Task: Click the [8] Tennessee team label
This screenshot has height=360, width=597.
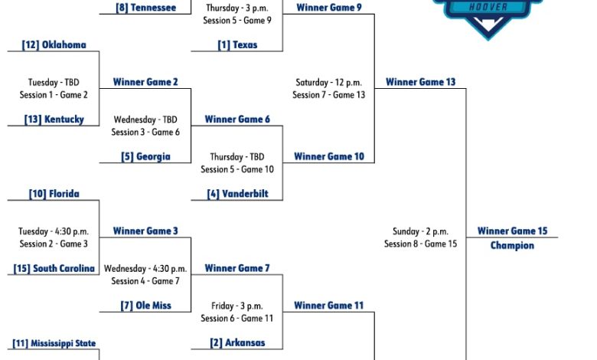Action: point(146,8)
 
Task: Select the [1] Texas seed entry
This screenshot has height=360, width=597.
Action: point(237,45)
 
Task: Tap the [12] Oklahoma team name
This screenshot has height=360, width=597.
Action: point(54,45)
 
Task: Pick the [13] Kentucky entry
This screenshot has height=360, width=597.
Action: point(54,119)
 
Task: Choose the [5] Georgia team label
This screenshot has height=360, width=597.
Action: point(145,156)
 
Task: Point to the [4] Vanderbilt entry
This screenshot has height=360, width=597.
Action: point(237,194)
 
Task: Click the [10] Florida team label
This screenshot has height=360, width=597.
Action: point(54,194)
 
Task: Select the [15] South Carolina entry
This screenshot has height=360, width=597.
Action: point(54,269)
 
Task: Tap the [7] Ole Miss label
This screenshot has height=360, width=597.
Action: point(145,306)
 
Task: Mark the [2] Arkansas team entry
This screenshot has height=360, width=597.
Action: point(237,343)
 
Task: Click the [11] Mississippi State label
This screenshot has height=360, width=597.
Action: point(54,343)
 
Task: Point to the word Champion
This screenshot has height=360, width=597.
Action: point(512,245)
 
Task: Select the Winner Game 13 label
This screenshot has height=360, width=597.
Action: point(420,82)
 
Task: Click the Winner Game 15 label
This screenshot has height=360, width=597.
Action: point(512,231)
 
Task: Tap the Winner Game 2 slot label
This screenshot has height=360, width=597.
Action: point(145,82)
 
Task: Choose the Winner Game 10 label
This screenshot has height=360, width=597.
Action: point(329,156)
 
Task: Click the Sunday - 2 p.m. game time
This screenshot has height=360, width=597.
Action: point(420,231)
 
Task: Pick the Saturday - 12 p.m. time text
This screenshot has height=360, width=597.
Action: point(329,83)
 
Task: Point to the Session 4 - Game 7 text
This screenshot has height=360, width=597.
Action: point(145,281)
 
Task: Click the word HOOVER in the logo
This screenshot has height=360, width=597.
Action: point(488,7)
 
